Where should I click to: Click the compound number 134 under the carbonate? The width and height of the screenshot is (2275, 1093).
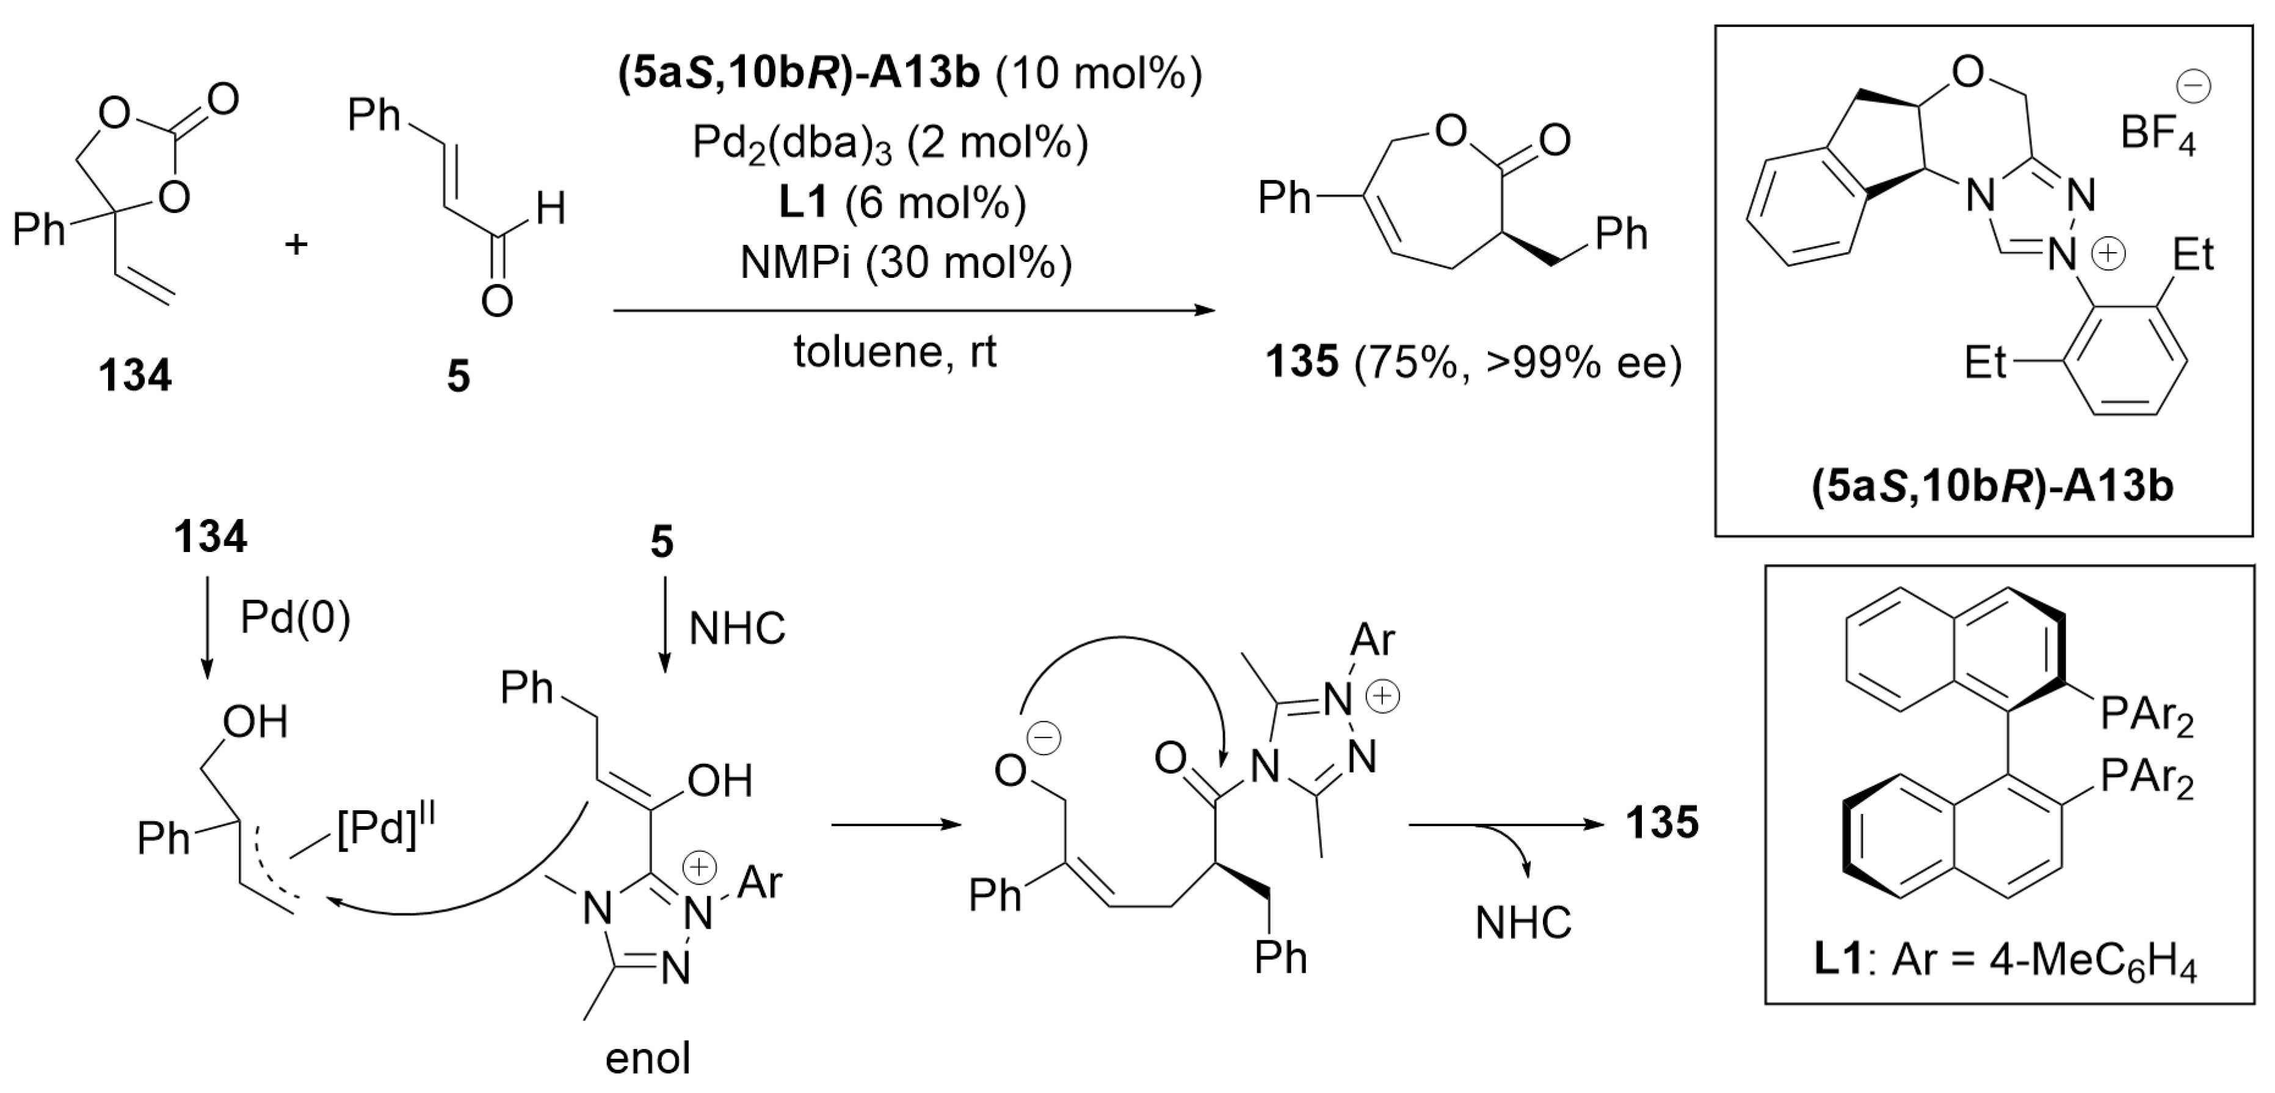[x=135, y=375]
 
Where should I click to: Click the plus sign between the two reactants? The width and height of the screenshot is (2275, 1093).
[x=297, y=243]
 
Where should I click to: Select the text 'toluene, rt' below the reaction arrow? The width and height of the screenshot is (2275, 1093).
[x=894, y=353]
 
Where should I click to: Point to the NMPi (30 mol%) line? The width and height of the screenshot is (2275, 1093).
[x=906, y=262]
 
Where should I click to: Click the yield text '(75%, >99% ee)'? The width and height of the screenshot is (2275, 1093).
[x=1517, y=362]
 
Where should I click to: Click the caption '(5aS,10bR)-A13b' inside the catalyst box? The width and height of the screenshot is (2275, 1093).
[x=1992, y=487]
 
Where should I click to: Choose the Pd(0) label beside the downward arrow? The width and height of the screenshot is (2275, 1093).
[x=295, y=619]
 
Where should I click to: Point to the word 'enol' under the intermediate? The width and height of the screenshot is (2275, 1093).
[x=647, y=1058]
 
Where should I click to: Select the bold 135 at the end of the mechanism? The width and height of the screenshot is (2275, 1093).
[x=1662, y=823]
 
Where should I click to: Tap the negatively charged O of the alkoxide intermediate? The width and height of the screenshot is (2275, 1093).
[x=1011, y=771]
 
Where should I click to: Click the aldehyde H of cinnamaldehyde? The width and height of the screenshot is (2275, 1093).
[x=550, y=210]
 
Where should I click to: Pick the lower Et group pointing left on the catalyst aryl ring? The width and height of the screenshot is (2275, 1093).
[x=1986, y=362]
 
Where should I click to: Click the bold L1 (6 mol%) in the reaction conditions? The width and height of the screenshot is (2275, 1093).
[x=901, y=204]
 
